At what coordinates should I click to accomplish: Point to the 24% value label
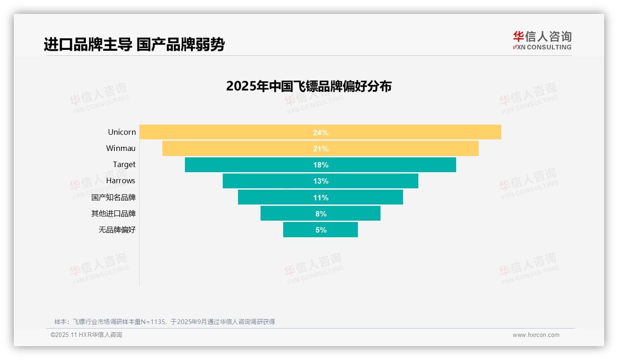click(321, 132)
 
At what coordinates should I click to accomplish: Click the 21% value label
click(321, 149)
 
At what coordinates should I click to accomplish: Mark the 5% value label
click(321, 230)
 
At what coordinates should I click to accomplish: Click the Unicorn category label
click(122, 132)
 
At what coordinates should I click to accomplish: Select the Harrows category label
click(120, 180)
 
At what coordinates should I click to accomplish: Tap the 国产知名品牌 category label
click(113, 197)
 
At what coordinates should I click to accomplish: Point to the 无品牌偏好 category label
click(117, 229)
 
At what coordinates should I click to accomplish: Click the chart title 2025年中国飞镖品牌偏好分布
click(309, 86)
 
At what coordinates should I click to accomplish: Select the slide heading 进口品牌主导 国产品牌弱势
click(134, 44)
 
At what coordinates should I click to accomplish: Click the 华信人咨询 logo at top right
click(542, 40)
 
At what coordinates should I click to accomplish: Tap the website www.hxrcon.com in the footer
click(536, 335)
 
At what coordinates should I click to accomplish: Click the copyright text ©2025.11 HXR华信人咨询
click(86, 335)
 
